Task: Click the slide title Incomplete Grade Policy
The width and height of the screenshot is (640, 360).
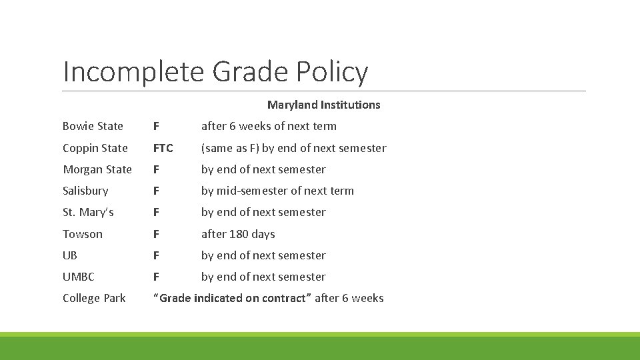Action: [215, 71]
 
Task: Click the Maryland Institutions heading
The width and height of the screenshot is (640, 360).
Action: [323, 105]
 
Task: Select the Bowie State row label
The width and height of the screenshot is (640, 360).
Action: [93, 126]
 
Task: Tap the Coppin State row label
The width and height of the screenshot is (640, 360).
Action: [95, 148]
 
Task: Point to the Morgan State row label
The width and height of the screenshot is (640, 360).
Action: [97, 169]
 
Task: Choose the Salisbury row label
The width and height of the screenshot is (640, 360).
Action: [85, 191]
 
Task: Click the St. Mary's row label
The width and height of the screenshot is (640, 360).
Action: [88, 212]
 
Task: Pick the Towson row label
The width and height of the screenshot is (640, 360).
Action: [83, 234]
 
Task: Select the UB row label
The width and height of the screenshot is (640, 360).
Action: [70, 255]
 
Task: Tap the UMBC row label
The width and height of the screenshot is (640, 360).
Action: [78, 277]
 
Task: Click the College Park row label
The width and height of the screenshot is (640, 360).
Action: [94, 298]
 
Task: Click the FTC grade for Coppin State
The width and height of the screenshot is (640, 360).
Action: [163, 148]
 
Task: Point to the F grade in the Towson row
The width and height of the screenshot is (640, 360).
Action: [156, 234]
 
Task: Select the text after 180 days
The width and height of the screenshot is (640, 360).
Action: [238, 234]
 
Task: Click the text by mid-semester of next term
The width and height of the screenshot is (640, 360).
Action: [277, 191]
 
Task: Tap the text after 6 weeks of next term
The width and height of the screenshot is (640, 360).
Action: [269, 126]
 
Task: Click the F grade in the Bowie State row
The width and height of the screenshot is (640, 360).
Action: [156, 126]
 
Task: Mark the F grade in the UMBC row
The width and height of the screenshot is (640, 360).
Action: [156, 277]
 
